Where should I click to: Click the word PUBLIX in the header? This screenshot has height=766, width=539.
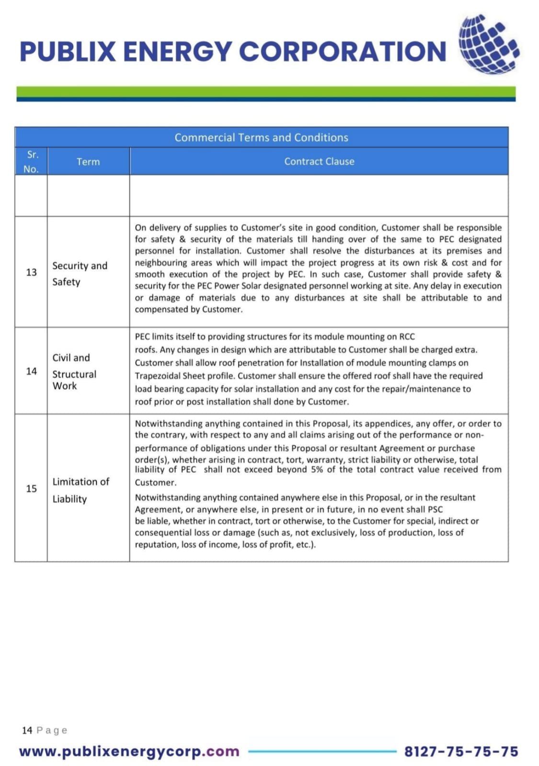click(68, 52)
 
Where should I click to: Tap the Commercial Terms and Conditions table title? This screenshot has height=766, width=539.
click(261, 137)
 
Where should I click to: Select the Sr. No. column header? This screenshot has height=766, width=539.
click(32, 162)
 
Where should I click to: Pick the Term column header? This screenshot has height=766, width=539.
click(88, 162)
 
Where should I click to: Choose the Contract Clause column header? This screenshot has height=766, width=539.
click(319, 161)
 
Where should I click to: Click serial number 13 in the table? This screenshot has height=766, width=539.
click(31, 272)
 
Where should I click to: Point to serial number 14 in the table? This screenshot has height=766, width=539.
click(31, 371)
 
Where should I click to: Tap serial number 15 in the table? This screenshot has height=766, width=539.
click(31, 488)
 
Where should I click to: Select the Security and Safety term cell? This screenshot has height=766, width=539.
click(80, 273)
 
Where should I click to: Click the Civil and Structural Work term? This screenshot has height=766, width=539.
click(74, 372)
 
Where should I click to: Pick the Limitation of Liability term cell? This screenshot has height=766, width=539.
click(80, 490)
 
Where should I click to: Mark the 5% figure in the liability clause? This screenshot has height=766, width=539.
click(317, 470)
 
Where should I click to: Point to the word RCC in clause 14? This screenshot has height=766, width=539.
click(407, 337)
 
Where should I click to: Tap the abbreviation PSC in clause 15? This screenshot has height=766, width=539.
click(435, 509)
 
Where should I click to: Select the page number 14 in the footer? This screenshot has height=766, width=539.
click(27, 730)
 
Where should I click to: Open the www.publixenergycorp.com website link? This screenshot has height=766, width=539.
click(129, 751)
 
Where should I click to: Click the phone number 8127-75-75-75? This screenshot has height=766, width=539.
click(461, 751)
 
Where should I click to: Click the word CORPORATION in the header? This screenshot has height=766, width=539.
click(343, 52)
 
